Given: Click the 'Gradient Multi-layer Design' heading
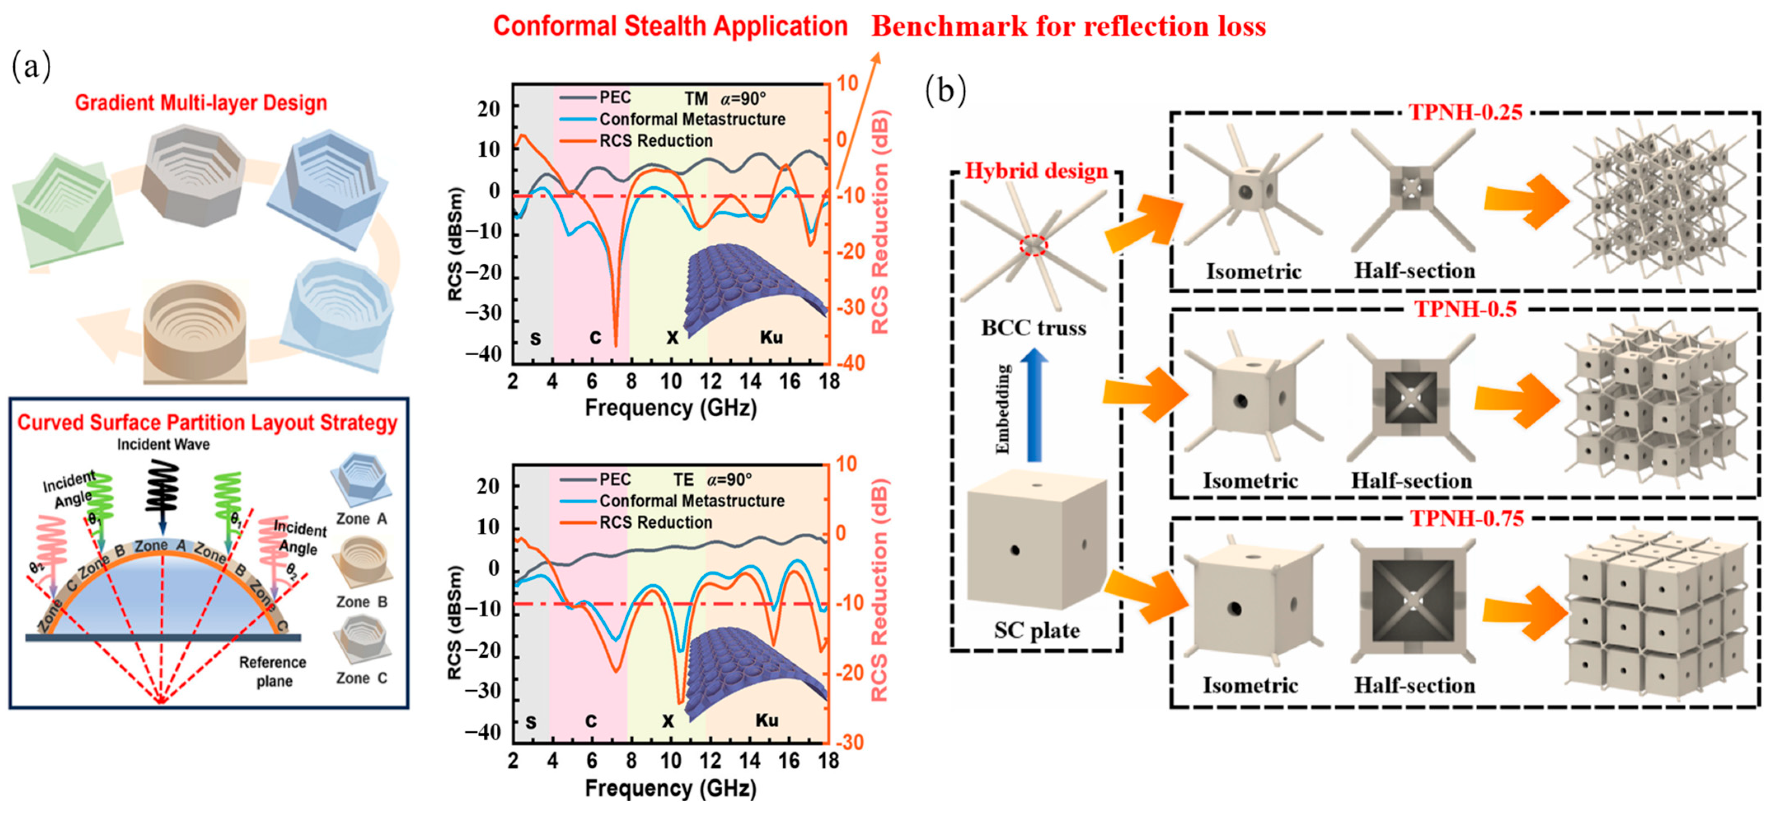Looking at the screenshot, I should click(x=201, y=103).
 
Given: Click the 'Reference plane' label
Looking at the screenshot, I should click(x=273, y=671).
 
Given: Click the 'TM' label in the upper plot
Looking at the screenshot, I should click(x=696, y=98).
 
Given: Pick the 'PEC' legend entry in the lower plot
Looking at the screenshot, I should click(x=615, y=479).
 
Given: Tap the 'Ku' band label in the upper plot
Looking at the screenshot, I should click(x=771, y=337).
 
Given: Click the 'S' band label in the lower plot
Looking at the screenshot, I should click(x=530, y=722).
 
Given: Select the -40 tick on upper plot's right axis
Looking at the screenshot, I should click(x=851, y=363).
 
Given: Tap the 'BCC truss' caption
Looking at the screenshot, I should click(x=1033, y=328).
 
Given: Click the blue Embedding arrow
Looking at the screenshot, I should click(x=1033, y=405).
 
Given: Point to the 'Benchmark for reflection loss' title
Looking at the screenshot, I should click(x=1068, y=26).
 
